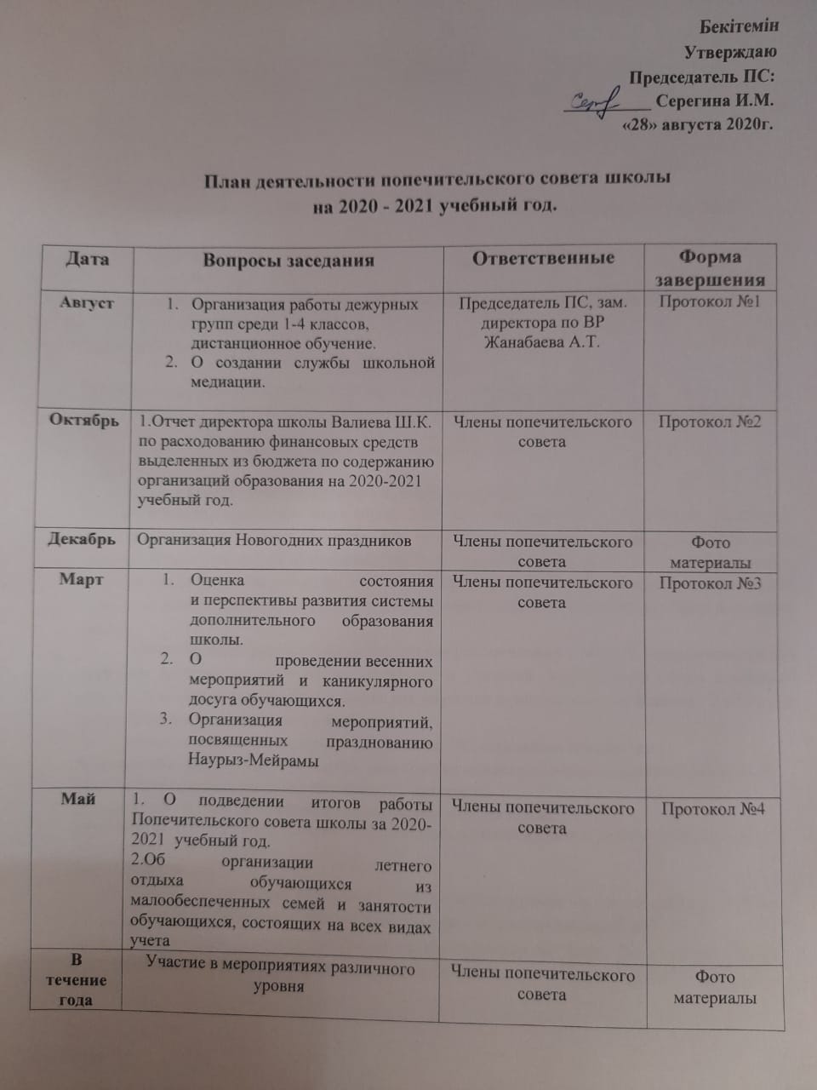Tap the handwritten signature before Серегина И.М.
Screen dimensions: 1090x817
[595, 103]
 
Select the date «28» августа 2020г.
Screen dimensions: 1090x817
[698, 124]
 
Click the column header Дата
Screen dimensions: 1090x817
[87, 258]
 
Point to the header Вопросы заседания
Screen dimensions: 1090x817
[288, 260]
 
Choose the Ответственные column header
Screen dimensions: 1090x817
[543, 258]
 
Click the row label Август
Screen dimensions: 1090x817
[86, 302]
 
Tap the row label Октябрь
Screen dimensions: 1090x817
[84, 421]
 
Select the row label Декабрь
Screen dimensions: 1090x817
[82, 540]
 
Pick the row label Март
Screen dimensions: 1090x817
[82, 580]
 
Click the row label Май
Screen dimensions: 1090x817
[78, 799]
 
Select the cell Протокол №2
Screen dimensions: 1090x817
[710, 422]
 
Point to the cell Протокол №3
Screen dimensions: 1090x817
[710, 583]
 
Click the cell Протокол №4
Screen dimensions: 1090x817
[713, 808]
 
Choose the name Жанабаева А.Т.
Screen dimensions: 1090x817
[542, 343]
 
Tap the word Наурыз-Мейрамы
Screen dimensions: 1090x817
[253, 761]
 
